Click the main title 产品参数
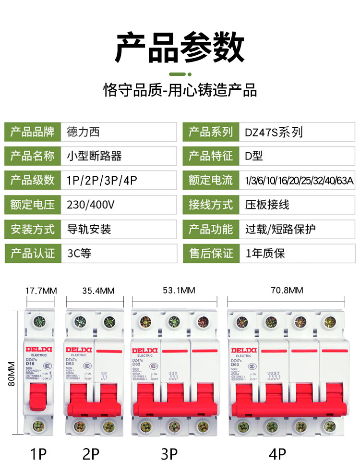click(180, 48)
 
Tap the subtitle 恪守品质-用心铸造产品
click(180, 90)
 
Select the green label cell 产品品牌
click(33, 132)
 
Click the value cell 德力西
click(84, 132)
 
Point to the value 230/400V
click(91, 205)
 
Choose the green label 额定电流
click(211, 180)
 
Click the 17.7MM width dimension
click(41, 291)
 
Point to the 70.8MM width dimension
click(287, 291)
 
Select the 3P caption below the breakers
click(169, 454)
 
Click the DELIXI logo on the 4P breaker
click(244, 350)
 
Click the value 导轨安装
click(89, 229)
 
